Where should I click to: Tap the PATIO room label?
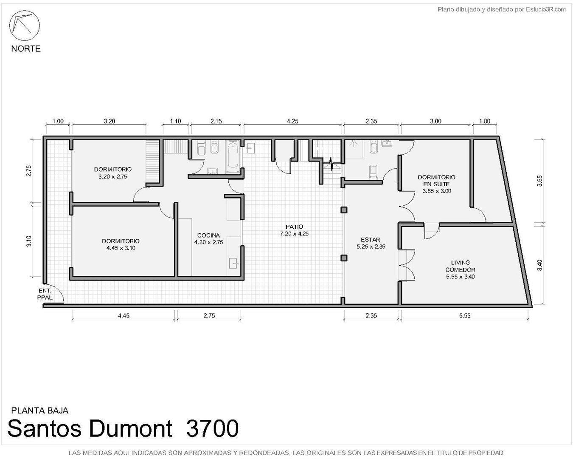pyautogui.click(x=294, y=230)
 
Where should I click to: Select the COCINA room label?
pyautogui.click(x=208, y=239)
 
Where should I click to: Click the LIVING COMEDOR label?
pyautogui.click(x=461, y=269)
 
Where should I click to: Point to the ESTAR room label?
pyautogui.click(x=371, y=243)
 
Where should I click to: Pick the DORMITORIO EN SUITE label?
pyautogui.click(x=436, y=184)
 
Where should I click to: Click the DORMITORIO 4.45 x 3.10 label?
pyautogui.click(x=121, y=244)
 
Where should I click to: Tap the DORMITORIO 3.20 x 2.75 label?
pyautogui.click(x=112, y=173)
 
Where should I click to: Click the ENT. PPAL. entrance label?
pyautogui.click(x=45, y=294)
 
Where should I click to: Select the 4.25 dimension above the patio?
pyautogui.click(x=292, y=121)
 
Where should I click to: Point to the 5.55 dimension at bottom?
pyautogui.click(x=465, y=315)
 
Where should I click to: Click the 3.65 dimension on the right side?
pyautogui.click(x=539, y=181)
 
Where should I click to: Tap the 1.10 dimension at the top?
pyautogui.click(x=175, y=121)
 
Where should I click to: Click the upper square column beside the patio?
pyautogui.click(x=344, y=210)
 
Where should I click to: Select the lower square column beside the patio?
pyautogui.click(x=344, y=258)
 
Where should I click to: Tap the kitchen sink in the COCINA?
pyautogui.click(x=234, y=263)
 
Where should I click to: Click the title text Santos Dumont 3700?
pyautogui.click(x=123, y=428)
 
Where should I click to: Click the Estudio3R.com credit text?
pyautogui.click(x=545, y=10)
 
